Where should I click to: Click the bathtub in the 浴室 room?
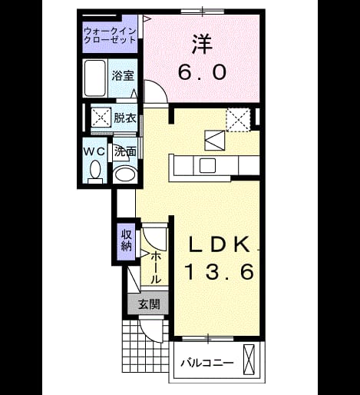(94, 78)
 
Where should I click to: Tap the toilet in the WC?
(95, 172)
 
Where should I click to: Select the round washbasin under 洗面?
(125, 174)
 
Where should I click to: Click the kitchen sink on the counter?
(207, 165)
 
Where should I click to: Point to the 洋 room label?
(202, 44)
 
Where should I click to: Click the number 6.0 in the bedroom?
(202, 72)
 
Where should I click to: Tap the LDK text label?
(220, 244)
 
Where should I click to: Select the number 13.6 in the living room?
(220, 272)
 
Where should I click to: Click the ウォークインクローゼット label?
(110, 35)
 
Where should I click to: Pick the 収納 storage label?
(127, 240)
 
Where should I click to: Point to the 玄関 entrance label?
(149, 304)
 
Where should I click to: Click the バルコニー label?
(207, 363)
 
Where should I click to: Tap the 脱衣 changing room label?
(125, 118)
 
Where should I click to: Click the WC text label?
(94, 151)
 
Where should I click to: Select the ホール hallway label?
(155, 267)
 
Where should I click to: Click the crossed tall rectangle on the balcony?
(249, 360)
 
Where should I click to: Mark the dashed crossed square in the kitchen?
(238, 120)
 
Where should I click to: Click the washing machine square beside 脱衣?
(101, 117)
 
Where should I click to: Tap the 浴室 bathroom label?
(123, 75)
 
